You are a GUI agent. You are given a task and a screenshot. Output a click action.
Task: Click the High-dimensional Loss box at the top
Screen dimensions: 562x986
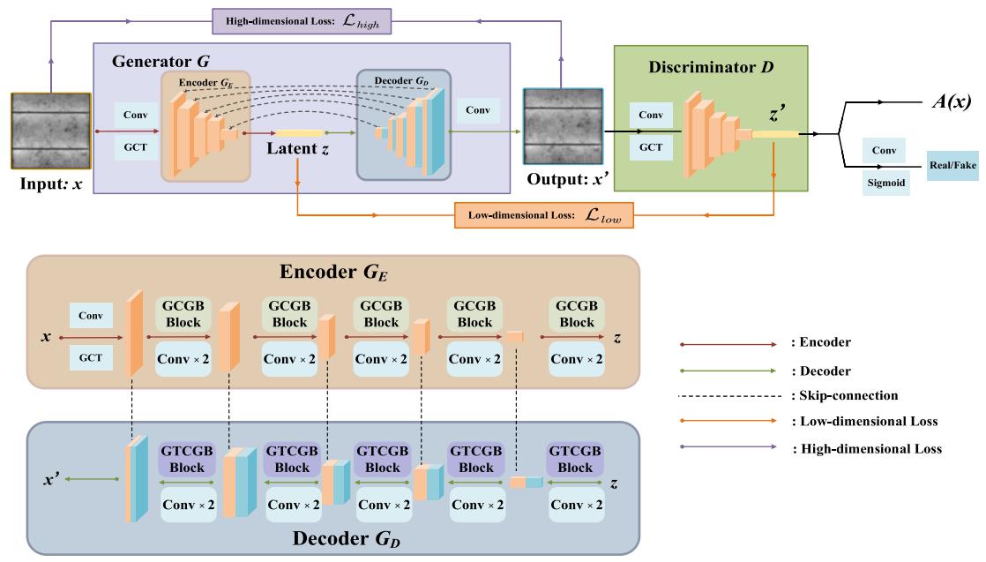[x=303, y=18]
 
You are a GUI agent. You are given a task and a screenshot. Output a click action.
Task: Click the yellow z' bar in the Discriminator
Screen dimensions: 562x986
[x=774, y=133]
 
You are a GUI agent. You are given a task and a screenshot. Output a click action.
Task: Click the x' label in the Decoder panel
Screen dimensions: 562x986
[x=53, y=482]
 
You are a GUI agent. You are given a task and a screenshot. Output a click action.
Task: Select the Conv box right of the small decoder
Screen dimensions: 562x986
[x=479, y=110]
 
